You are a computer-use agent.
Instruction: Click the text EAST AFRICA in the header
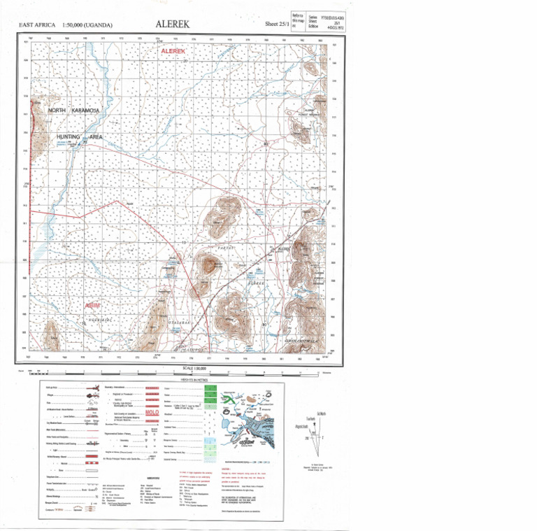click(x=38, y=25)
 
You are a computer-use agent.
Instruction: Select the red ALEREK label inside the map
click(x=173, y=52)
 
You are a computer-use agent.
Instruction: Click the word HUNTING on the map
click(x=71, y=137)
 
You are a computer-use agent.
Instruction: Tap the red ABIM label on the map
click(x=92, y=306)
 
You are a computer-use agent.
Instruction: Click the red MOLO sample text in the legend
click(x=154, y=413)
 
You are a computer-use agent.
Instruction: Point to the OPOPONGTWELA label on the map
click(x=301, y=341)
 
